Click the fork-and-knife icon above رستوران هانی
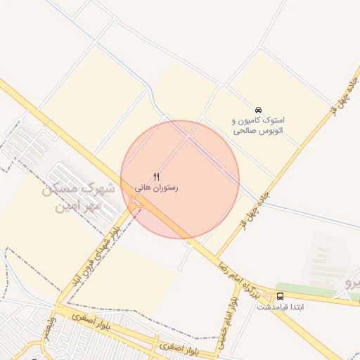[157, 176]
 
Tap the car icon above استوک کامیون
[258, 110]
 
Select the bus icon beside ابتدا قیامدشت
[281, 296]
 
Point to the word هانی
[145, 188]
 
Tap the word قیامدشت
[264, 307]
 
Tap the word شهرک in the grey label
[105, 189]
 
